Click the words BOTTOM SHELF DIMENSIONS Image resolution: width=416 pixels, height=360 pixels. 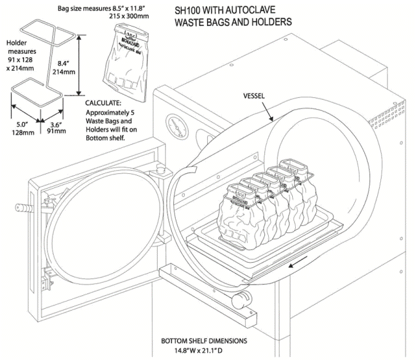[204, 340]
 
